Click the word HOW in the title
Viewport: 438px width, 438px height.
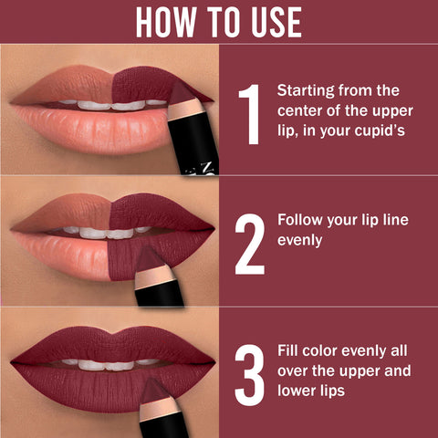(167, 22)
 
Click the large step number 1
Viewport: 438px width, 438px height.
(247, 114)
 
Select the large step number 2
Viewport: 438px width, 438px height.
(248, 244)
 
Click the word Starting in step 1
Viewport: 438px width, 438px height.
(306, 91)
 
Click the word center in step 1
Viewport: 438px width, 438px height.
(300, 111)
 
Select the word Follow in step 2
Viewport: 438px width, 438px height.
(299, 222)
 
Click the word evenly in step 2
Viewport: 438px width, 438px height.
(301, 243)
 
